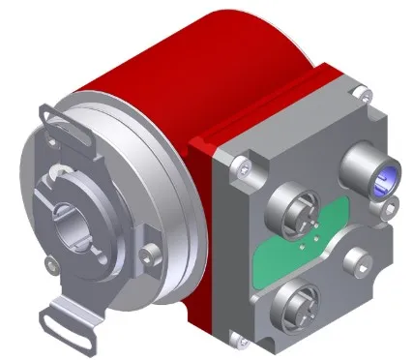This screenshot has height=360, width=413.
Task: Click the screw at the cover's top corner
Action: [x=360, y=94]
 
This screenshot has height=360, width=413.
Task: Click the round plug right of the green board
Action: [x=363, y=260]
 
